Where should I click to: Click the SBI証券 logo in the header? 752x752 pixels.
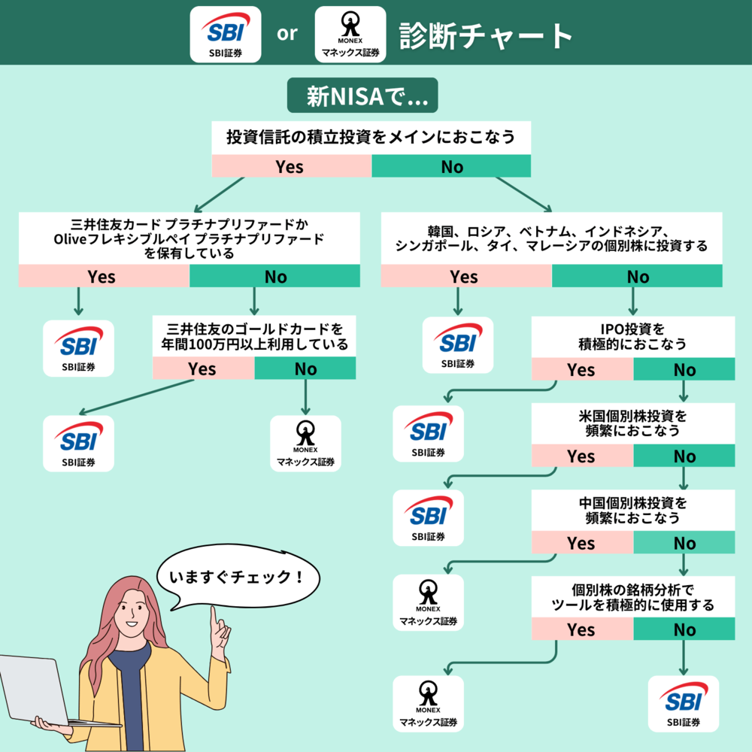point(226,34)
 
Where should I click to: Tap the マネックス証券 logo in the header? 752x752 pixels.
point(350,34)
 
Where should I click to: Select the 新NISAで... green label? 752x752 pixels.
point(362,97)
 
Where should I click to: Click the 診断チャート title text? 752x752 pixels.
point(486,35)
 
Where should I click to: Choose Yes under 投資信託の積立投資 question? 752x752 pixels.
point(291,166)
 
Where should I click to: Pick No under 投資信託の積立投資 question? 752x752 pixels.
point(451,166)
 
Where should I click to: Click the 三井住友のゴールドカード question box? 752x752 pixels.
point(256,337)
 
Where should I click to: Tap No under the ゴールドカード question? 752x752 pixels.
point(305,368)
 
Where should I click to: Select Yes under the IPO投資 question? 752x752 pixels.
point(581,369)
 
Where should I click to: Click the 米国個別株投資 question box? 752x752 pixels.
point(633,423)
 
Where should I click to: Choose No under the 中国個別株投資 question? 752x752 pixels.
point(684,543)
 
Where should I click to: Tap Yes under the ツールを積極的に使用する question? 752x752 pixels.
point(581,629)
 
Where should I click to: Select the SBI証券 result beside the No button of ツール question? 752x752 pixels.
point(683,704)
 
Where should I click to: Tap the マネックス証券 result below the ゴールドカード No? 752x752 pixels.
point(305,444)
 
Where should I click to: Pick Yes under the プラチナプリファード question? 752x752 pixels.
point(102,277)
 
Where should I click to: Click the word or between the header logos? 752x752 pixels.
point(287,35)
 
